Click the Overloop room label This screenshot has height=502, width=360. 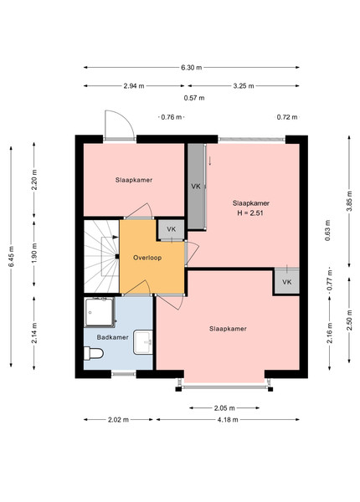147,258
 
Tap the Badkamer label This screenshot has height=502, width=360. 112,337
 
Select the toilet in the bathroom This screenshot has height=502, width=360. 93,353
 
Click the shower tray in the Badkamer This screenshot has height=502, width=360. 100,312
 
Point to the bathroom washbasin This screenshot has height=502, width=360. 143,342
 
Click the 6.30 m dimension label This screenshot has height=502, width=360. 192,68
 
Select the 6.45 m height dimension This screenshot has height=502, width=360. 11,257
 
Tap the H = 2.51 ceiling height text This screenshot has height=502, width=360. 250,213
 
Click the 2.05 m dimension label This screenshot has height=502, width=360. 224,408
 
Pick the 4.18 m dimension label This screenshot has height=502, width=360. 228,420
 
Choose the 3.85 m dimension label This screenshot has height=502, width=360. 349,201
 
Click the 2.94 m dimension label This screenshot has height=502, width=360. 134,86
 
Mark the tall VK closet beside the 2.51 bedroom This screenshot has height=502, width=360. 196,187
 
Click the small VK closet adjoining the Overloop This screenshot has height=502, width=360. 172,229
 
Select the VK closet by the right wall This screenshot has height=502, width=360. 286,282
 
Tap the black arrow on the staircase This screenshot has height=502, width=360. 116,237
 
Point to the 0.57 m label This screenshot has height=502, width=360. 194,98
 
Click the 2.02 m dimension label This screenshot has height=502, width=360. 119,420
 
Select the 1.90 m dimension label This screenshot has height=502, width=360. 34,253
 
